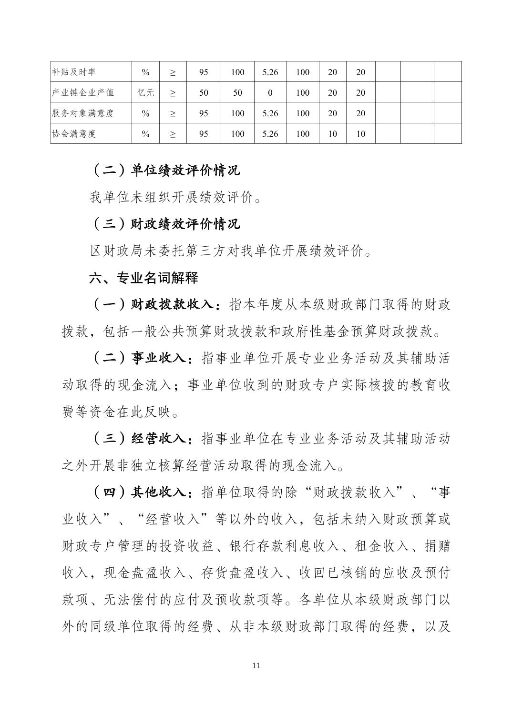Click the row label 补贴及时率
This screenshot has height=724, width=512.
click(73, 72)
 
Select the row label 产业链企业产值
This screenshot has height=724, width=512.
click(83, 92)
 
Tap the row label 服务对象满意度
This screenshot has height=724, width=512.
click(83, 113)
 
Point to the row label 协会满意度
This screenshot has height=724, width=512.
click(73, 134)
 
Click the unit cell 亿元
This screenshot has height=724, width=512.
click(146, 93)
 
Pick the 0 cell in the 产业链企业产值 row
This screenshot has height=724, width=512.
click(270, 93)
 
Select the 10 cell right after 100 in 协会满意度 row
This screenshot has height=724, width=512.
click(332, 134)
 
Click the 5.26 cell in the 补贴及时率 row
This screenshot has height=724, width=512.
click(270, 72)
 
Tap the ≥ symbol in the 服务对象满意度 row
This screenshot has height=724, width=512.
click(173, 113)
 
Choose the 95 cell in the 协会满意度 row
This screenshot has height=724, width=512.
click(204, 134)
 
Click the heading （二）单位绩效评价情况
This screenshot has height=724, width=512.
click(164, 170)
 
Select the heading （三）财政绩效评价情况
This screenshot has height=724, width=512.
click(164, 224)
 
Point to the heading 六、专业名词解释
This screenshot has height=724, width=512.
click(143, 278)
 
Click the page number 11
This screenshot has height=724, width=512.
click(256, 665)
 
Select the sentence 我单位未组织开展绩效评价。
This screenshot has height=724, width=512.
click(175, 197)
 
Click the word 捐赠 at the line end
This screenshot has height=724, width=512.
click(437, 546)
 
